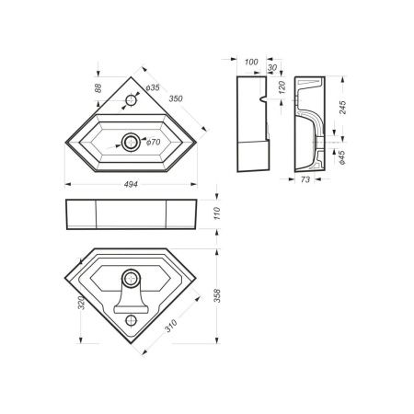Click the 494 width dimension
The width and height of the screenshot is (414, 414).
[130, 186]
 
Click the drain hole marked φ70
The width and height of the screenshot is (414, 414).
[132, 141]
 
